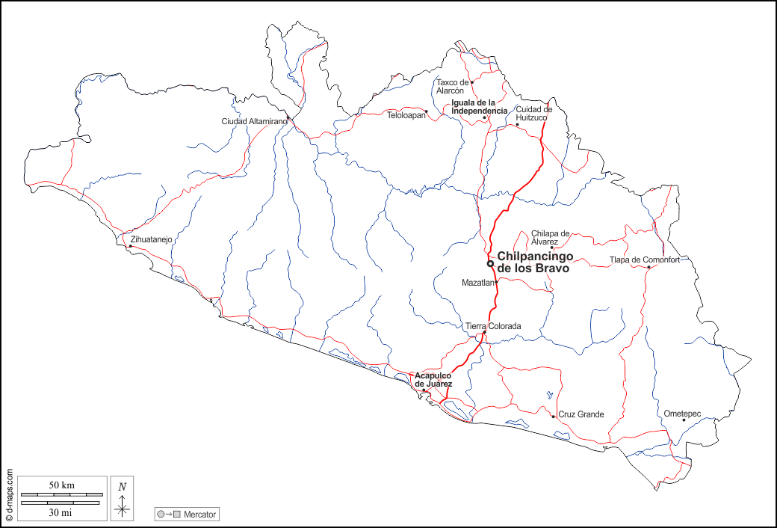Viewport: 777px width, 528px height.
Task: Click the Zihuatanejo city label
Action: tap(152, 239)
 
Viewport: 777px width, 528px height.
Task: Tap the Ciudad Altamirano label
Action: tap(254, 121)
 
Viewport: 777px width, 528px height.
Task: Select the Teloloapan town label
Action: tap(406, 115)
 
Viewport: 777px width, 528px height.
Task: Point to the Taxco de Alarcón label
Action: tap(452, 86)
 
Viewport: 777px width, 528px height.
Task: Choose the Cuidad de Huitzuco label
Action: tap(534, 114)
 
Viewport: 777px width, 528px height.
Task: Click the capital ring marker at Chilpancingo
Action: tap(490, 263)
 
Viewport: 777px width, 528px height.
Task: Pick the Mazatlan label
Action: tap(478, 283)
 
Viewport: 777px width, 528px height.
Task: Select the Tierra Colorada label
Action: tap(493, 326)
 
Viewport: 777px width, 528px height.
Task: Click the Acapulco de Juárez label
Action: tap(433, 379)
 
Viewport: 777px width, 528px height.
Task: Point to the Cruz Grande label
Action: tap(581, 414)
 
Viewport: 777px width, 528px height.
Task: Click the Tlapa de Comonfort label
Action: tap(645, 260)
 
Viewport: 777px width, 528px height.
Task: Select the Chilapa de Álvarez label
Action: tap(551, 237)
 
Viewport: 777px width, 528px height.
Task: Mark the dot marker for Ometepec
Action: tap(684, 420)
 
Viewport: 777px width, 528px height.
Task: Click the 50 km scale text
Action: tap(61, 485)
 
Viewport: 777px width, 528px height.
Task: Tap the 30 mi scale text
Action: tap(61, 512)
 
